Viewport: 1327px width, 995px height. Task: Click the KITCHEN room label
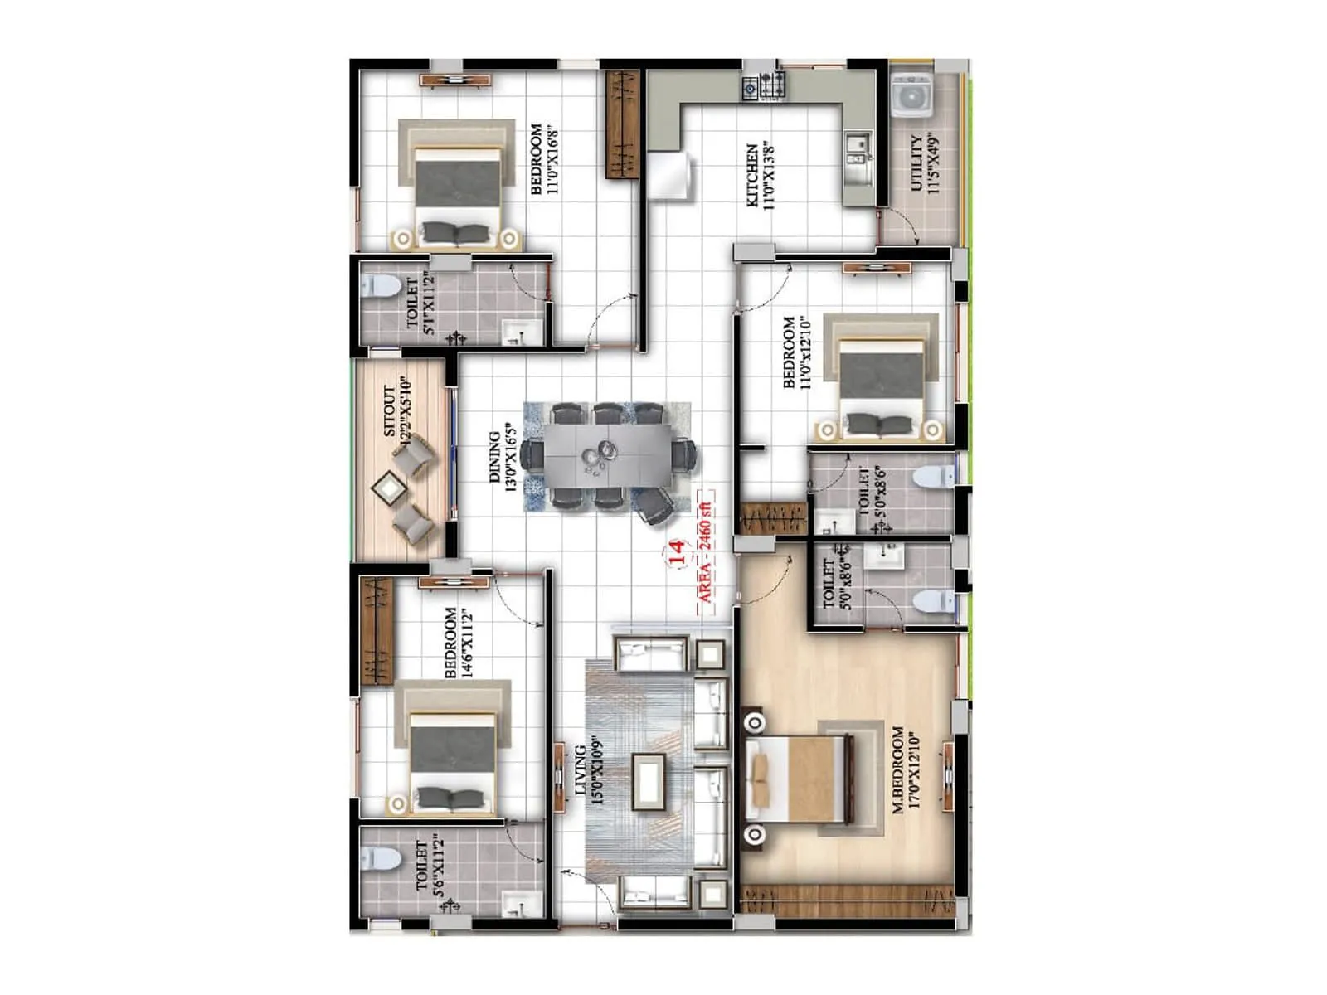coord(760,175)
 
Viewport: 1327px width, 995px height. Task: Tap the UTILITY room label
coord(924,163)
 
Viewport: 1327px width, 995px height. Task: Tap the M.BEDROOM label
coord(906,769)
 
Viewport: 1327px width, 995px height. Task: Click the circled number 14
coord(676,553)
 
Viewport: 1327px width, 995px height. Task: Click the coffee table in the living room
coord(648,780)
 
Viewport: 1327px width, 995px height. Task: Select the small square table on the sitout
coord(387,488)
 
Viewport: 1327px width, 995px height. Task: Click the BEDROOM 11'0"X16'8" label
coord(543,159)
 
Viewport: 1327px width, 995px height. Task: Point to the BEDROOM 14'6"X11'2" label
coord(458,643)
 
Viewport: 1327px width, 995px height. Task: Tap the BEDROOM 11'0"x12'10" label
coord(796,352)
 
